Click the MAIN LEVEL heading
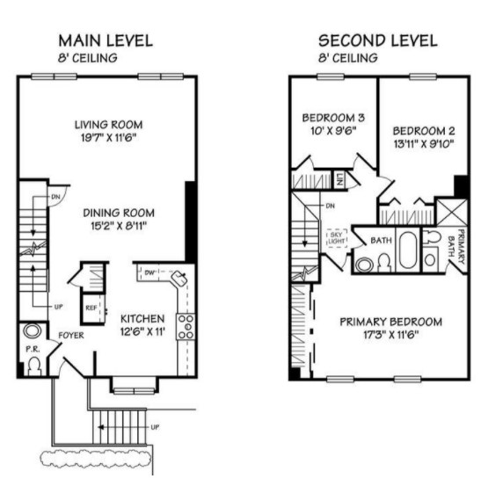click(106, 40)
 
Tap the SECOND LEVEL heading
click(378, 40)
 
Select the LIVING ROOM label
click(109, 125)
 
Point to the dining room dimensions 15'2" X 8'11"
click(119, 226)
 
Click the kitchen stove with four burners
click(186, 326)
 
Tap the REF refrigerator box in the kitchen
click(92, 308)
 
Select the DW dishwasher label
click(149, 272)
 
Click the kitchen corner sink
click(179, 278)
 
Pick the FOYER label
click(71, 336)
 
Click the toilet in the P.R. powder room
click(34, 366)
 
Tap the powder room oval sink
click(32, 330)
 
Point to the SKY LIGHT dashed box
click(337, 237)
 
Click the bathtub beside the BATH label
click(408, 250)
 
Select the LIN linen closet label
click(339, 180)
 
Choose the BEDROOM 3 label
click(333, 118)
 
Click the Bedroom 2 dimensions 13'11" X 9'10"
click(424, 144)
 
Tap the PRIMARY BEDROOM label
click(391, 322)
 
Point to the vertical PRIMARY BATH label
click(456, 246)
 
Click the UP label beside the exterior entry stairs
click(155, 427)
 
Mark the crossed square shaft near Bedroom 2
click(452, 212)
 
